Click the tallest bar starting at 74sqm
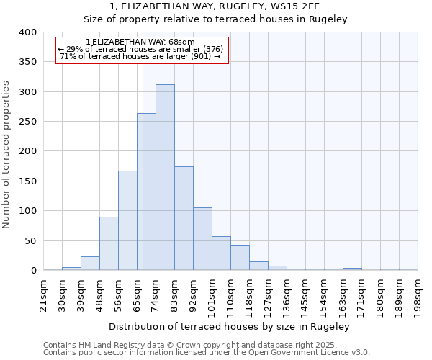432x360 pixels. (165, 177)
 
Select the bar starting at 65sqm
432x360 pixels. (146, 192)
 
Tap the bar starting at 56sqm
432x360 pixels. (127, 220)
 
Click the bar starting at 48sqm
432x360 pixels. (109, 243)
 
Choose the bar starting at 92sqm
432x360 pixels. (202, 239)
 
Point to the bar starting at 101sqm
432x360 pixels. (221, 253)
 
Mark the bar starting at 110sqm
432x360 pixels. (240, 258)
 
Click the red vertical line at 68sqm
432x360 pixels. (143, 144)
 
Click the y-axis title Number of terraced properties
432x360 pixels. (7, 154)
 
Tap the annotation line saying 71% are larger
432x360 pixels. (140, 56)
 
